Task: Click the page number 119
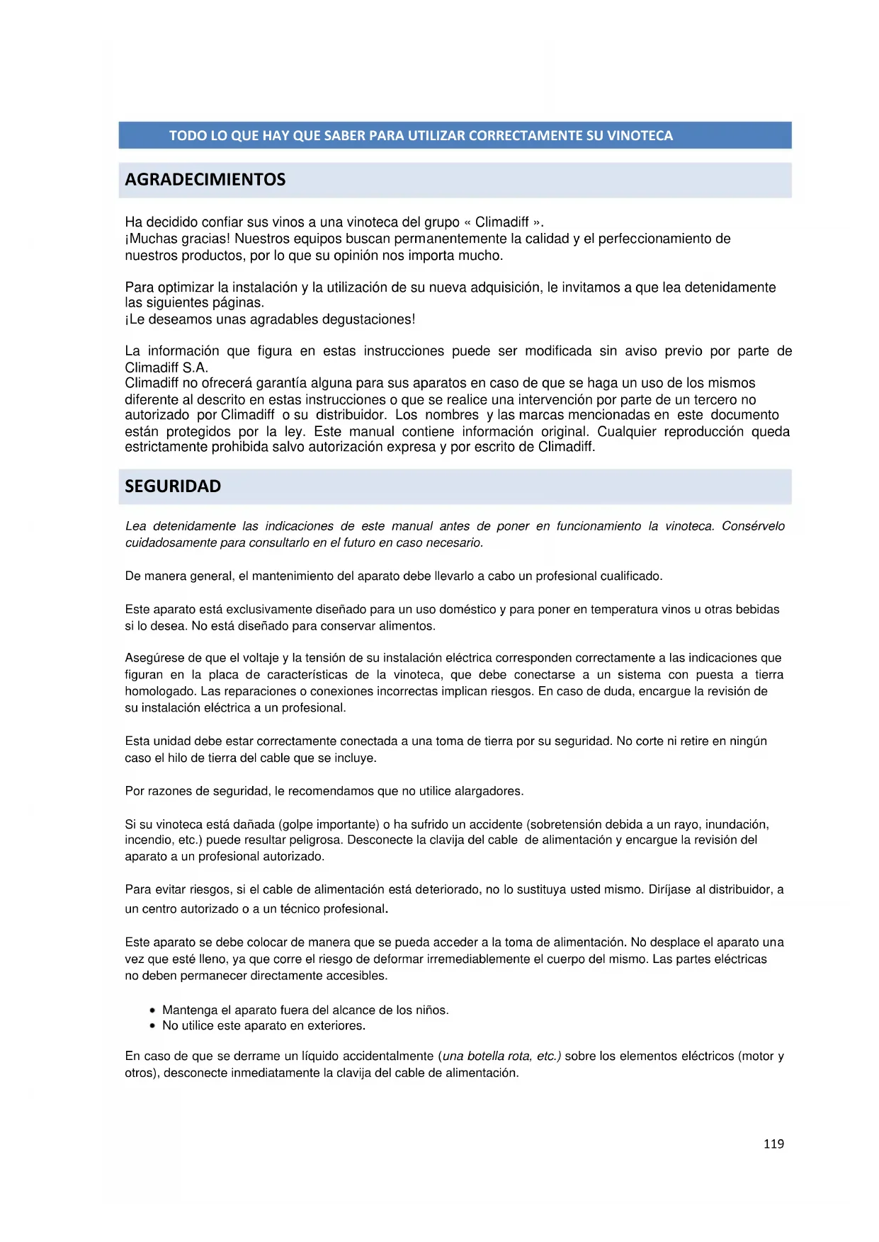[x=773, y=1144]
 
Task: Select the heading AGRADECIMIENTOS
[x=205, y=180]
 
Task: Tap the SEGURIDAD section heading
[x=173, y=486]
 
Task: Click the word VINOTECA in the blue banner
[x=640, y=136]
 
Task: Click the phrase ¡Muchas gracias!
[x=178, y=239]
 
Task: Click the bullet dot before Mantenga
[x=152, y=1010]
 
